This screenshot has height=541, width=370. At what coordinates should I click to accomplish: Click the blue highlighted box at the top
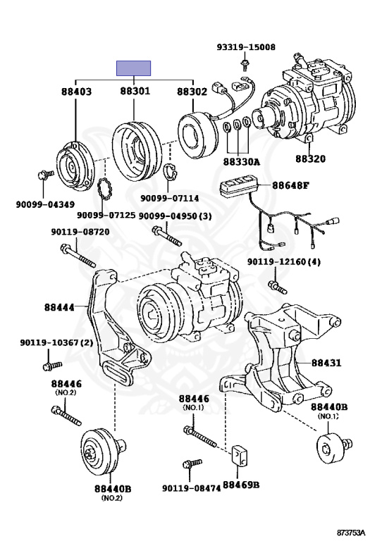click(133, 68)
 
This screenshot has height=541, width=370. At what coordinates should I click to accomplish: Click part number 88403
click(77, 92)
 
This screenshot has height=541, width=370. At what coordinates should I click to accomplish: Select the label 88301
click(135, 91)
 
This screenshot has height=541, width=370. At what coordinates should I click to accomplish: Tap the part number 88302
click(192, 92)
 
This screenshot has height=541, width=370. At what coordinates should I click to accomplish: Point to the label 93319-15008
click(246, 47)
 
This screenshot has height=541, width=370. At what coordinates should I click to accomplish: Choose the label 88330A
click(241, 162)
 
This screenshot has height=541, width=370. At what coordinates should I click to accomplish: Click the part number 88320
click(310, 158)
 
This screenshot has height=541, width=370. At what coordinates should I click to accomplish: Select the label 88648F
click(290, 185)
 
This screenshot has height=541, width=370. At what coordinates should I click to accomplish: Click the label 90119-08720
click(80, 232)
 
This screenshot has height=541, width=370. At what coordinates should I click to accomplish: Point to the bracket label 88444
click(59, 306)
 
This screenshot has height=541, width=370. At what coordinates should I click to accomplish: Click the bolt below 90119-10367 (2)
click(52, 366)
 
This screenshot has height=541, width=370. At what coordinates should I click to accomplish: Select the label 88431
click(326, 363)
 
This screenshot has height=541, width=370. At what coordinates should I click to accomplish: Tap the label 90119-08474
click(192, 488)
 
